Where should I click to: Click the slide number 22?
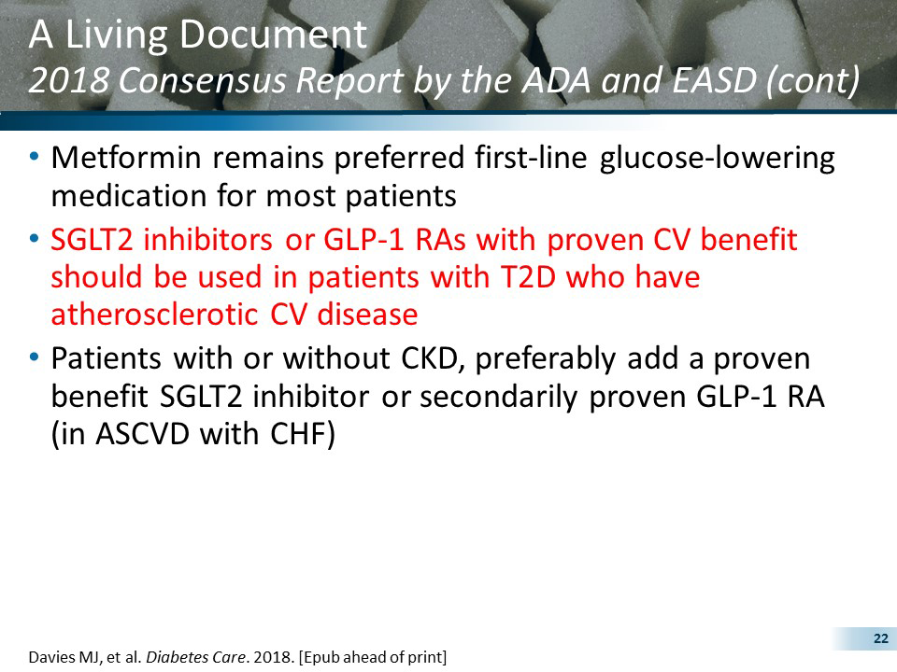pyautogui.click(x=879, y=638)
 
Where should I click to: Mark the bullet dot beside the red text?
pyautogui.click(x=35, y=241)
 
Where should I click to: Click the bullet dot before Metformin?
pyautogui.click(x=35, y=159)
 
